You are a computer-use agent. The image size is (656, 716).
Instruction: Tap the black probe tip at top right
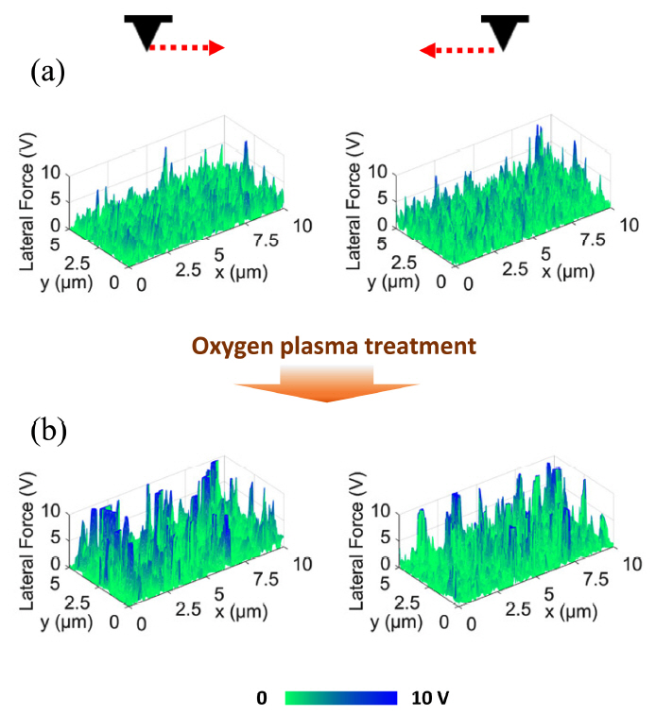pos(500,32)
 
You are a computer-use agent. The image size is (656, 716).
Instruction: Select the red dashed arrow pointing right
pos(187,47)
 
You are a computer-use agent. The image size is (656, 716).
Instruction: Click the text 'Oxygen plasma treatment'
pos(328,346)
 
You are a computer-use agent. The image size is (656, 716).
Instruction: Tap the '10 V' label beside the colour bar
pos(431,698)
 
